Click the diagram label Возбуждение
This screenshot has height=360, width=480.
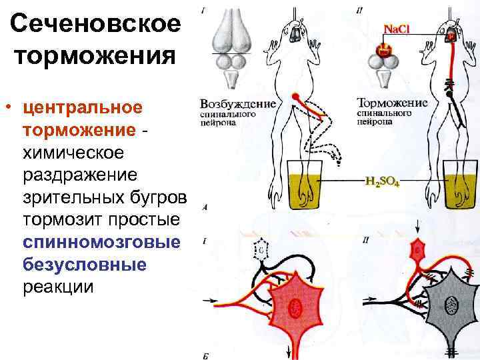coord(238,104)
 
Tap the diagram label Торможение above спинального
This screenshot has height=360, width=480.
coord(392,104)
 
